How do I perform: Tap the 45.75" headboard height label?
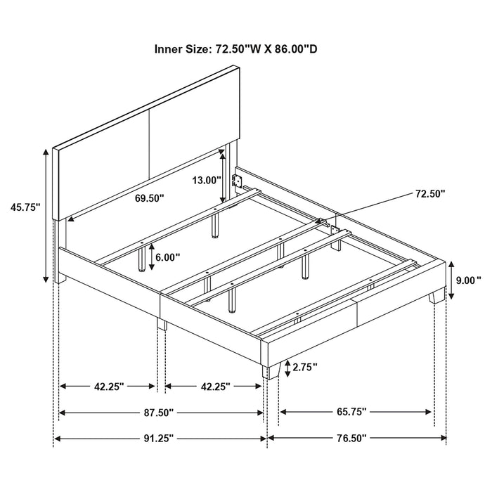click(25, 207)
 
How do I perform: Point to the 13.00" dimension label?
click(207, 180)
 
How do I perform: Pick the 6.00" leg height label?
click(167, 258)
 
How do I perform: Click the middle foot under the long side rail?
click(162, 325)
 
